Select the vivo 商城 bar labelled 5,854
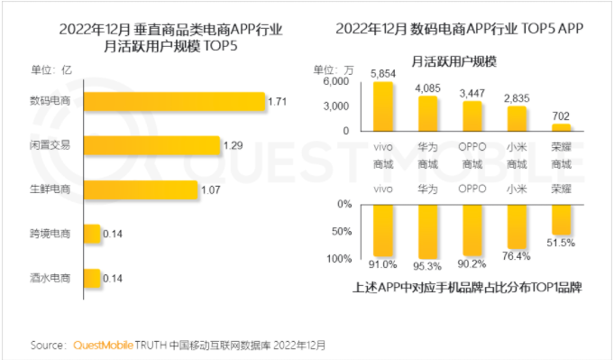coord(383,106)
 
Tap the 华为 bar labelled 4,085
coord(428,114)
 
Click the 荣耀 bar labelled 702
coord(562,128)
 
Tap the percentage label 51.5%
coord(562,243)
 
